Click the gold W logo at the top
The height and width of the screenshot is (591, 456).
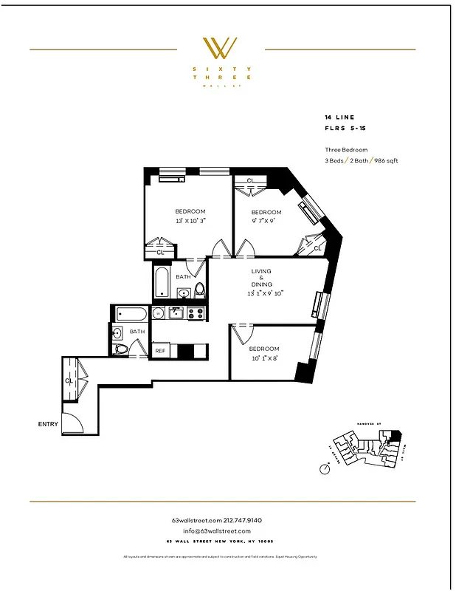[221, 49]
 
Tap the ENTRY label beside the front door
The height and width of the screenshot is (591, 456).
[49, 425]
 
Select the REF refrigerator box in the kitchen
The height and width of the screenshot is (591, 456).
[159, 351]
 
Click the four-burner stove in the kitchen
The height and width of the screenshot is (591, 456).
[195, 313]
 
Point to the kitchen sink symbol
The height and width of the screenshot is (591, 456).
[176, 313]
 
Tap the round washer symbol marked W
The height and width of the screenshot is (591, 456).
[158, 313]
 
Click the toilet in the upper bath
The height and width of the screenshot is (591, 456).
[198, 289]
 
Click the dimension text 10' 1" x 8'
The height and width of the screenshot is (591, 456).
[263, 359]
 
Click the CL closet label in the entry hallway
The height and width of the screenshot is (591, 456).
[69, 381]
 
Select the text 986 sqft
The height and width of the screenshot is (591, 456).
[386, 160]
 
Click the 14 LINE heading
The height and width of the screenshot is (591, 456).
[339, 117]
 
